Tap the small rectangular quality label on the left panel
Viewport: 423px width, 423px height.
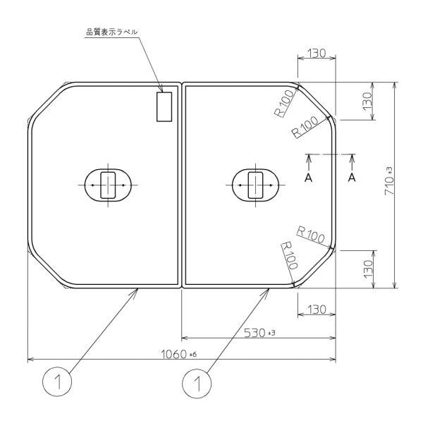pos(164,107)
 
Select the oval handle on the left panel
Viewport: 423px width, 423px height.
pos(107,185)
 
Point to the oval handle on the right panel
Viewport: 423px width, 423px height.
pos(255,185)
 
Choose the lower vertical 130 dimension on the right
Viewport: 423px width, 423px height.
pos(367,269)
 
